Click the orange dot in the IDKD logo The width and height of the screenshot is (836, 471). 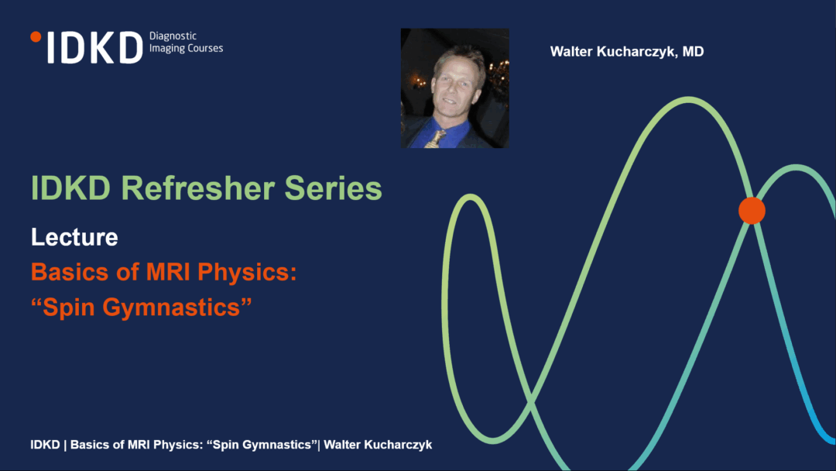[36, 37]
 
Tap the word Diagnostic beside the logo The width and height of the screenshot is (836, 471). [173, 36]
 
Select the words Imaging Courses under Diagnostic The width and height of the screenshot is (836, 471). [186, 49]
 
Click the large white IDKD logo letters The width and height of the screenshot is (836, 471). [95, 47]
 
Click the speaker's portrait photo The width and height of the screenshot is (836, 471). [455, 88]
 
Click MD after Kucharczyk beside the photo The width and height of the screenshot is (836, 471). [693, 51]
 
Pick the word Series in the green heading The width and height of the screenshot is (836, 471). [333, 188]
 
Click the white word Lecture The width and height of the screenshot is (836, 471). [74, 237]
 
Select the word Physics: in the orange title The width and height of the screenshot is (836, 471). [248, 273]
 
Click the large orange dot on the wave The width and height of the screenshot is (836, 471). [752, 211]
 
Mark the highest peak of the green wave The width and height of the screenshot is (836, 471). [688, 100]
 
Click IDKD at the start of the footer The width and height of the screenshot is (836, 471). [46, 445]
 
